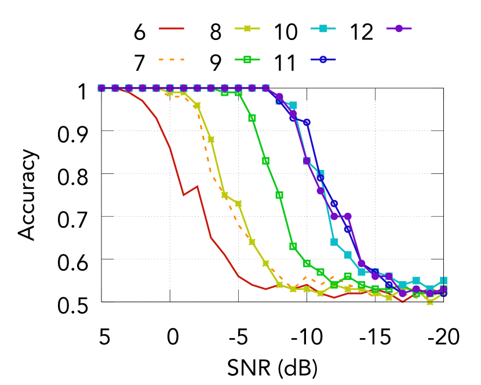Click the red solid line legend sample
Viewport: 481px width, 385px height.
[172, 28]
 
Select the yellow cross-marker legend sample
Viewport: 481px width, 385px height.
[247, 28]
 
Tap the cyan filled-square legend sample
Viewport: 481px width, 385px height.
[323, 28]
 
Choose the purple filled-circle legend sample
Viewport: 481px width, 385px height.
[399, 28]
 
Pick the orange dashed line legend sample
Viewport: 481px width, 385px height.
[172, 59]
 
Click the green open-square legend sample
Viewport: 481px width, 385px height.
[247, 59]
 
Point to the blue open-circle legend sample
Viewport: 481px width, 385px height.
[323, 59]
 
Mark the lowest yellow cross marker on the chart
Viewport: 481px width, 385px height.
[430, 302]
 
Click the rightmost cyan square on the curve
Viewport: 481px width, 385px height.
[443, 281]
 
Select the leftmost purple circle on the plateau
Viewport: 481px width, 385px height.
[101, 88]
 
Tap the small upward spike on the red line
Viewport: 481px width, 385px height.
[197, 187]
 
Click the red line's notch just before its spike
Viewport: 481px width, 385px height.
[184, 195]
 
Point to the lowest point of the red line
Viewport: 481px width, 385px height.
[403, 301]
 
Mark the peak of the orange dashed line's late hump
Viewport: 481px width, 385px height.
[334, 277]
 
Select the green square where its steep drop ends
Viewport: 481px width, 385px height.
[293, 246]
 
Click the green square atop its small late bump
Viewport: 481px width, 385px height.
[348, 277]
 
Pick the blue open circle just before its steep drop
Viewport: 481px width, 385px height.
[307, 122]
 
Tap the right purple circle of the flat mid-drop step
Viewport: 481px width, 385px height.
[348, 216]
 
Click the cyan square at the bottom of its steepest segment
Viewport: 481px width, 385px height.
[334, 242]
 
